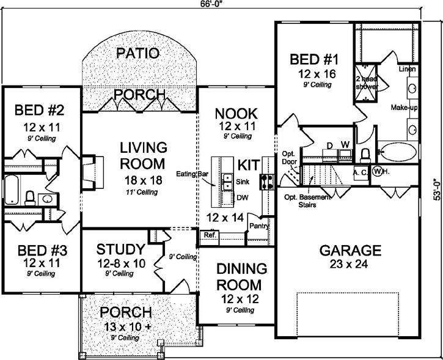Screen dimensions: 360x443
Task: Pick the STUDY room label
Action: (120, 250)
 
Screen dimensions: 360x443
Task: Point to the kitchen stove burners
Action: (267, 181)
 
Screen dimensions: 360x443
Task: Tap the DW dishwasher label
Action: (242, 197)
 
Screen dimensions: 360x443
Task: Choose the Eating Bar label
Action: (194, 174)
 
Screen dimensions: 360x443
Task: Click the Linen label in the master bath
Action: (408, 68)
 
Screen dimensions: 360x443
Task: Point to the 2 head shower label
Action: (365, 83)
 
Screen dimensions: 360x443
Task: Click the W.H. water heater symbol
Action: (379, 172)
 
